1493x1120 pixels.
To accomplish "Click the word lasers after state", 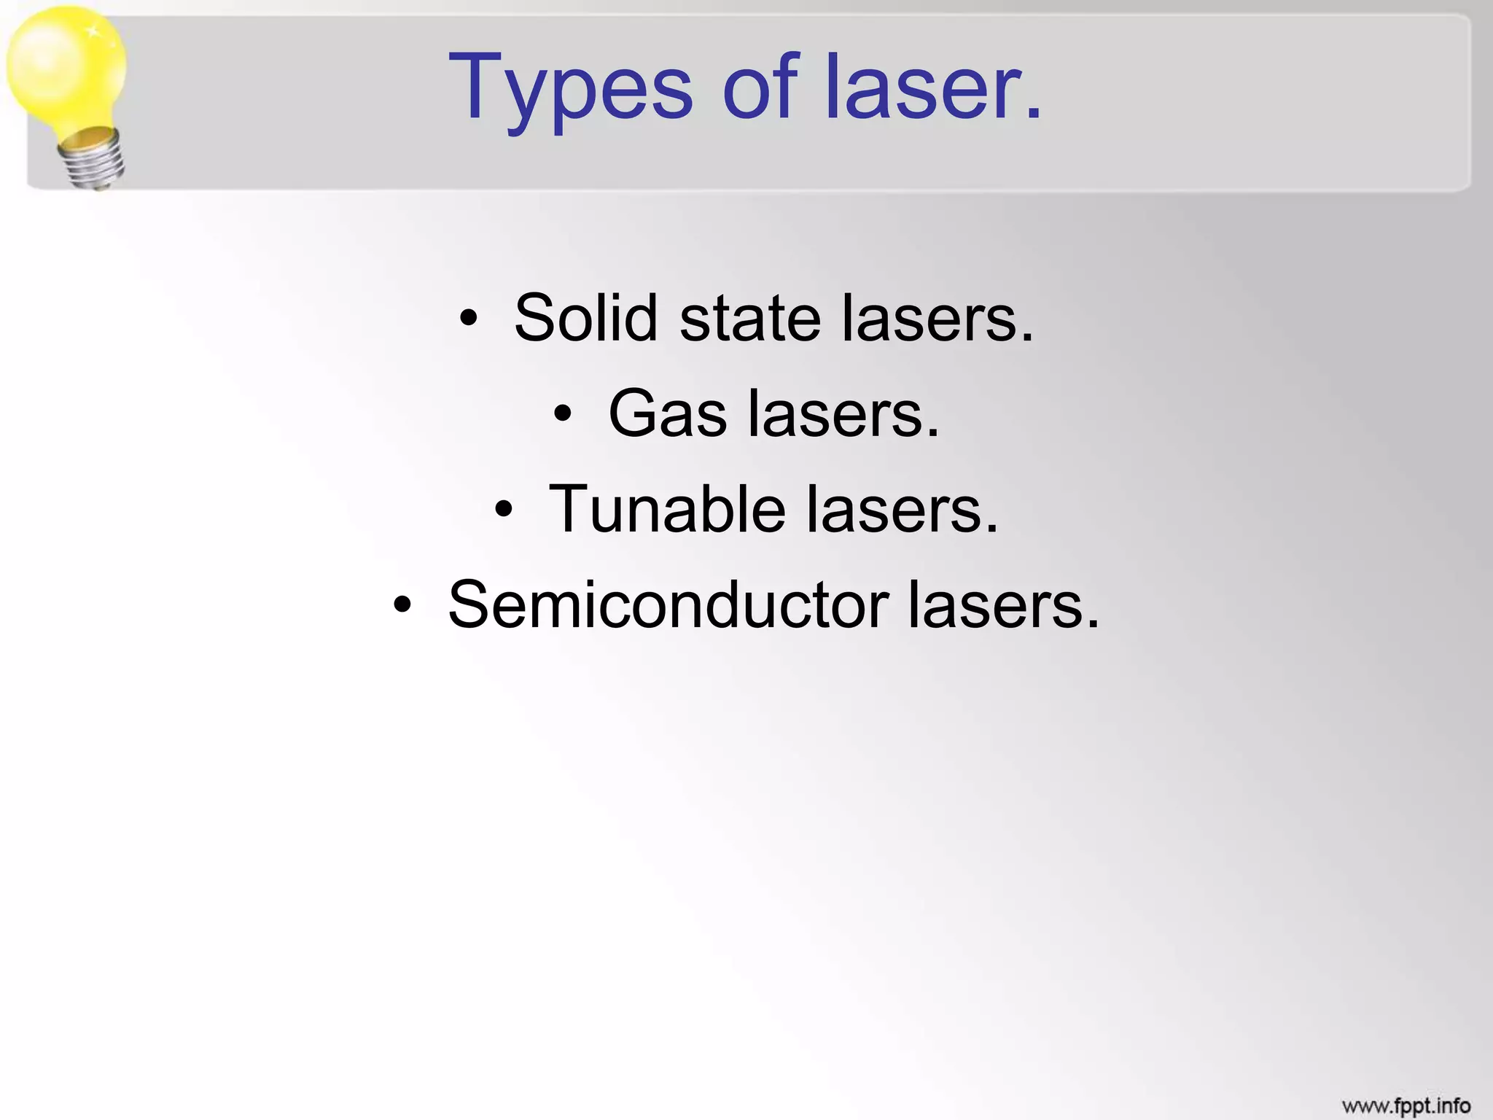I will tap(937, 319).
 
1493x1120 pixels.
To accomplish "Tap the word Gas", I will tap(667, 413).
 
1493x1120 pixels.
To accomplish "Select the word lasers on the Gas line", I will tap(843, 413).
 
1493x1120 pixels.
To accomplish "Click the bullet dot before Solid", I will tap(469, 319).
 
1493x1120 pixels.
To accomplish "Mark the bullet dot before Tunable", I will tap(504, 510).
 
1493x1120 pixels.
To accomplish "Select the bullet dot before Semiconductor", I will tap(402, 605).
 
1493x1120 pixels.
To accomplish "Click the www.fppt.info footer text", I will tap(1406, 1105).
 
